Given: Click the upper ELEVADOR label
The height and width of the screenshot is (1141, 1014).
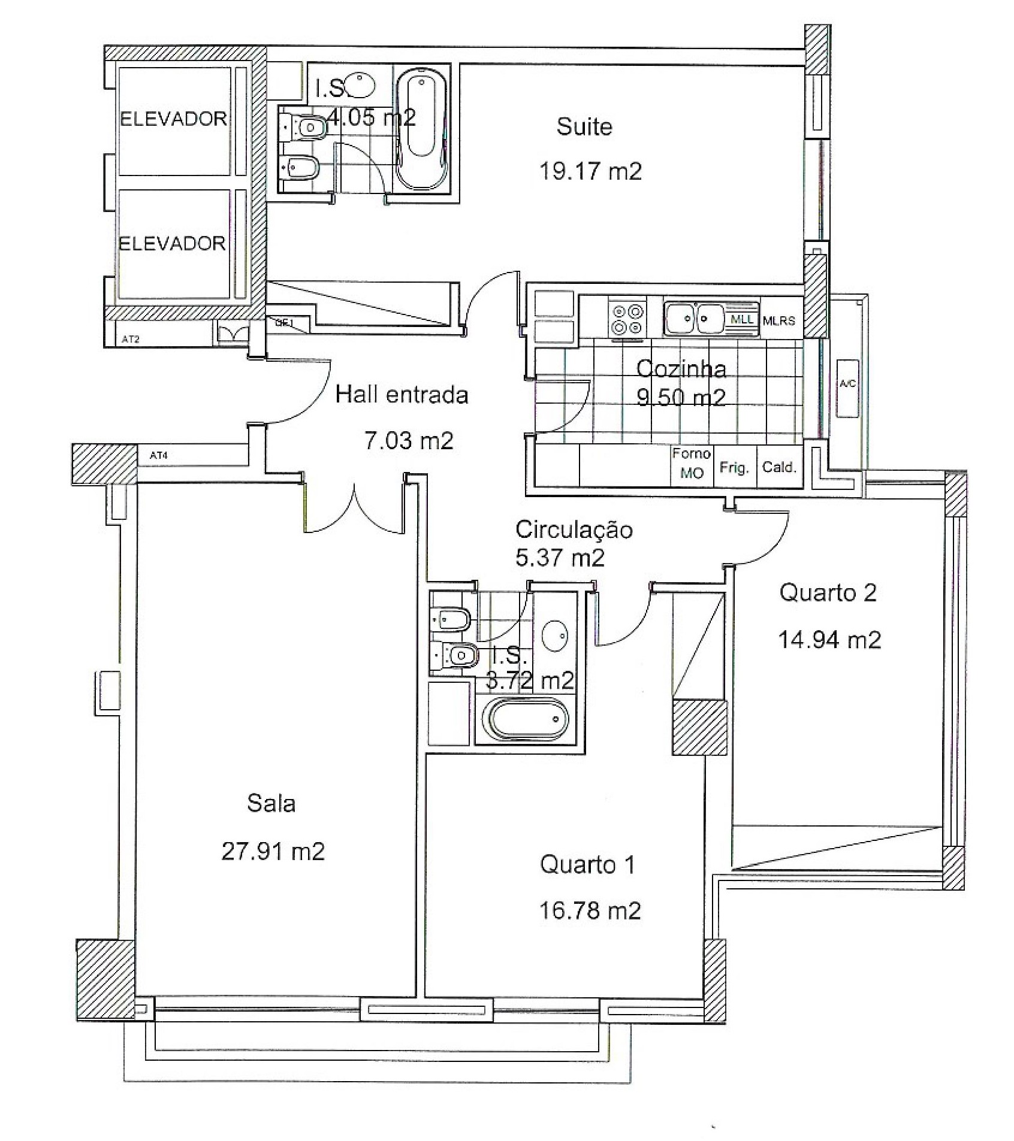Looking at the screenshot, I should tap(173, 119).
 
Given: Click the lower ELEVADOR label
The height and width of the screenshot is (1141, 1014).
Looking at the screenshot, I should tap(172, 244).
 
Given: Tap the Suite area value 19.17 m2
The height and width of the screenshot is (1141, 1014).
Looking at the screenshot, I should tap(590, 172).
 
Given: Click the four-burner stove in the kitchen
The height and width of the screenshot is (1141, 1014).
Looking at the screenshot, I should tap(626, 319).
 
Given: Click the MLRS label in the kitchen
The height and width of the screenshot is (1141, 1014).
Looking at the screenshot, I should tap(778, 321).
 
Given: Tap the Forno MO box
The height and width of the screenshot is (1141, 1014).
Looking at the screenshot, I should tap(691, 464).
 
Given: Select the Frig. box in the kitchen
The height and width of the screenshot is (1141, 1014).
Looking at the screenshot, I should tap(735, 467).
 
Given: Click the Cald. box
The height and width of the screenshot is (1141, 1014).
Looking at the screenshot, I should tap(779, 467).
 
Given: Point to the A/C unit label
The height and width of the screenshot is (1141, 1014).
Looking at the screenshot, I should tap(847, 384).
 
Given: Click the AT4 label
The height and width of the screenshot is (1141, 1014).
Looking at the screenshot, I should tap(159, 456).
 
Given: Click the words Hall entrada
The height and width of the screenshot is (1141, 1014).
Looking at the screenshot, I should tap(402, 395).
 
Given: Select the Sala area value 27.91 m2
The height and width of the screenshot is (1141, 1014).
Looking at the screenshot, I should tap(273, 851).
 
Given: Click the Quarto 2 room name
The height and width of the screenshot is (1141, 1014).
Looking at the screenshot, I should tap(828, 593).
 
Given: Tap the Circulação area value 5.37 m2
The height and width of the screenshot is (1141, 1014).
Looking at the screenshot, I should tap(560, 558).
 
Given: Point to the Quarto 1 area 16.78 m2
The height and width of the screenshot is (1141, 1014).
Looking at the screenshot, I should tap(590, 911).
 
